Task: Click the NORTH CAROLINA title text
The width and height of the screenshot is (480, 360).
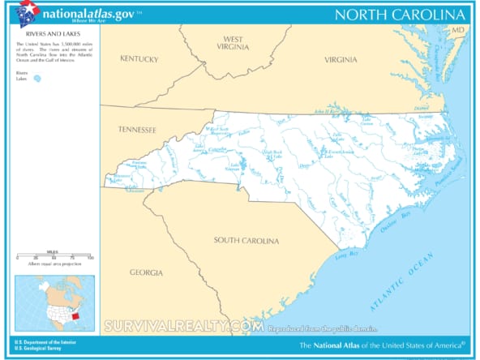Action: point(400,15)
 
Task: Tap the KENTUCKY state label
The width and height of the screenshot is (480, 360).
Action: point(139,58)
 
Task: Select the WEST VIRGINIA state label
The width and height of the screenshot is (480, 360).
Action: point(233,44)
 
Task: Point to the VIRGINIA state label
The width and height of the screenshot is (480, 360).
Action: point(341,60)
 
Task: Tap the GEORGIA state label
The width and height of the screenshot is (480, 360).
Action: point(146,272)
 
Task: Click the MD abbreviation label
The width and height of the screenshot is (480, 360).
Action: point(458,30)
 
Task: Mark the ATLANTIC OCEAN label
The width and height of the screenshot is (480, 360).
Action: point(401,281)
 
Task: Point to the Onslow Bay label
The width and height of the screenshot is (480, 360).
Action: point(397,220)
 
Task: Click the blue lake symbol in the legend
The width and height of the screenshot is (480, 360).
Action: point(36,79)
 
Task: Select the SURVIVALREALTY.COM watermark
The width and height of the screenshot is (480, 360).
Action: point(184,326)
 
